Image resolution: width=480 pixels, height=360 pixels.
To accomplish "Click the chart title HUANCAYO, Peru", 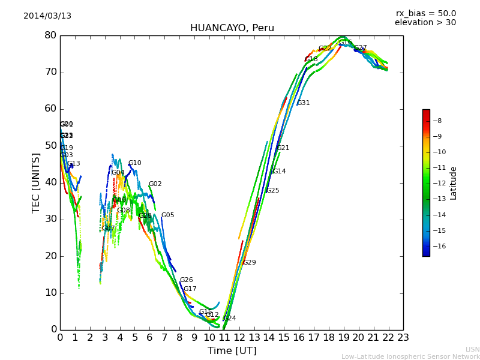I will click(x=232, y=28).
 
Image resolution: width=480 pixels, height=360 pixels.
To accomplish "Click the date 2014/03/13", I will click(x=47, y=16).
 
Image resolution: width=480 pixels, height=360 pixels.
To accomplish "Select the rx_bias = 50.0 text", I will click(x=425, y=13).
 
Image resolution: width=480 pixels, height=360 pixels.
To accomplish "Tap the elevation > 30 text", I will click(x=425, y=23).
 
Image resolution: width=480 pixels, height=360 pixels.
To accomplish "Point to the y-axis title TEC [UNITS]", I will click(x=36, y=182).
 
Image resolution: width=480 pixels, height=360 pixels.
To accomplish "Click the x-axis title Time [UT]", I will click(x=232, y=351).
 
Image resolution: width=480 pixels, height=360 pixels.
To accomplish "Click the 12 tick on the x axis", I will click(x=239, y=337).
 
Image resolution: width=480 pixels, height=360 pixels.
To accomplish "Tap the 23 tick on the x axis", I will click(x=403, y=337).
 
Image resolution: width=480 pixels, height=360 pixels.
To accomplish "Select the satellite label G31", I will click(x=304, y=103).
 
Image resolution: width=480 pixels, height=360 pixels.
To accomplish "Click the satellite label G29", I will click(x=250, y=263).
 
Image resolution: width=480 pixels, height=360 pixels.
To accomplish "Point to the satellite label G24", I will click(x=230, y=319).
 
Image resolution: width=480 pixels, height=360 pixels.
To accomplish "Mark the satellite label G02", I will click(x=155, y=184).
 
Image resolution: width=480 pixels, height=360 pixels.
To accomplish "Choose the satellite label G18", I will click(x=311, y=59).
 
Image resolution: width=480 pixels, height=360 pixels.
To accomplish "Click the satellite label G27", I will click(x=361, y=48).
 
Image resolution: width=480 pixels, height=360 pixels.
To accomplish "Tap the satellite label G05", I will click(x=168, y=215).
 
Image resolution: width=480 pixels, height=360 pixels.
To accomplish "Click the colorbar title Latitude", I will click(x=454, y=182).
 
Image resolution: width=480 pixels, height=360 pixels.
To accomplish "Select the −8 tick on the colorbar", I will click(x=437, y=121).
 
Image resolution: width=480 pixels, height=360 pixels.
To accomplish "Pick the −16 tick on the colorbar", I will click(x=439, y=246).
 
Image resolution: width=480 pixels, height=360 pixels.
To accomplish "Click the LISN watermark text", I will click(x=473, y=349).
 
